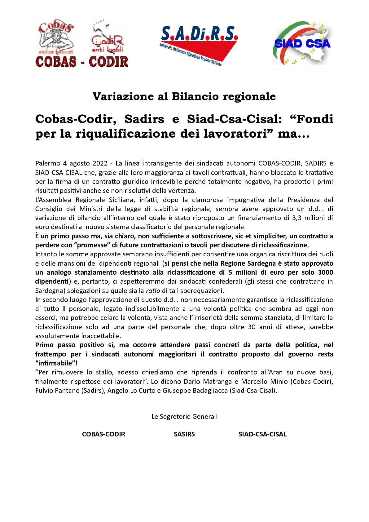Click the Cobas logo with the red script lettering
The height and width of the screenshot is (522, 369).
[x=56, y=37]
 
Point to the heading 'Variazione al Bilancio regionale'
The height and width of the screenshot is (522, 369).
[x=184, y=96]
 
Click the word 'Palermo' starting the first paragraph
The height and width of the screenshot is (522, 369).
[x=48, y=163]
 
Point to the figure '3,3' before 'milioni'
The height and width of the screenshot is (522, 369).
[x=297, y=218]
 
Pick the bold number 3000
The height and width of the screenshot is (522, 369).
[x=325, y=272]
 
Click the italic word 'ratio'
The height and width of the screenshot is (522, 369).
[x=153, y=291]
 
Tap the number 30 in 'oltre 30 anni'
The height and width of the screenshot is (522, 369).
[x=252, y=327]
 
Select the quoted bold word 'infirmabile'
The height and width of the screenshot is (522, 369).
[x=55, y=363]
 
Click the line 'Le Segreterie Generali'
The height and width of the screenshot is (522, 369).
[x=184, y=417]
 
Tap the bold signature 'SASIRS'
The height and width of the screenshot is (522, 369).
[x=184, y=434]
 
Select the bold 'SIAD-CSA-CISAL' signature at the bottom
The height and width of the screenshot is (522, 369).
[x=262, y=434]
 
